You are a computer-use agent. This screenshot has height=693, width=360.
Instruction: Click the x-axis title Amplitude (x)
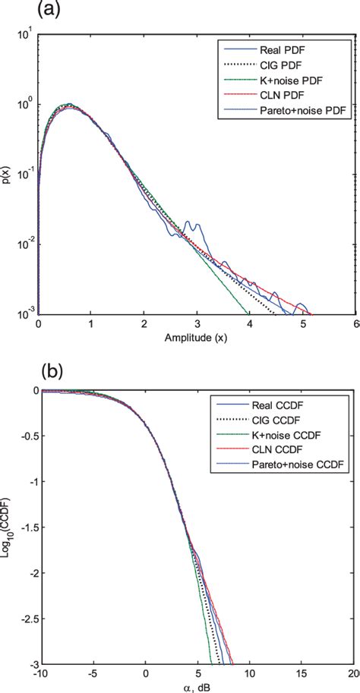point(195,336)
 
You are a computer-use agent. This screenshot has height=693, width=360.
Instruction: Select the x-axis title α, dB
point(195,686)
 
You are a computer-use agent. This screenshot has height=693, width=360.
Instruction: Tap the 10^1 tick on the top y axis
point(25,35)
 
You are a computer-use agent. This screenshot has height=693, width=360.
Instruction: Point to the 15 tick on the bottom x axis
point(302,675)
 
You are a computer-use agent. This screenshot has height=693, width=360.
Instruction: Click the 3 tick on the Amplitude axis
point(196,323)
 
